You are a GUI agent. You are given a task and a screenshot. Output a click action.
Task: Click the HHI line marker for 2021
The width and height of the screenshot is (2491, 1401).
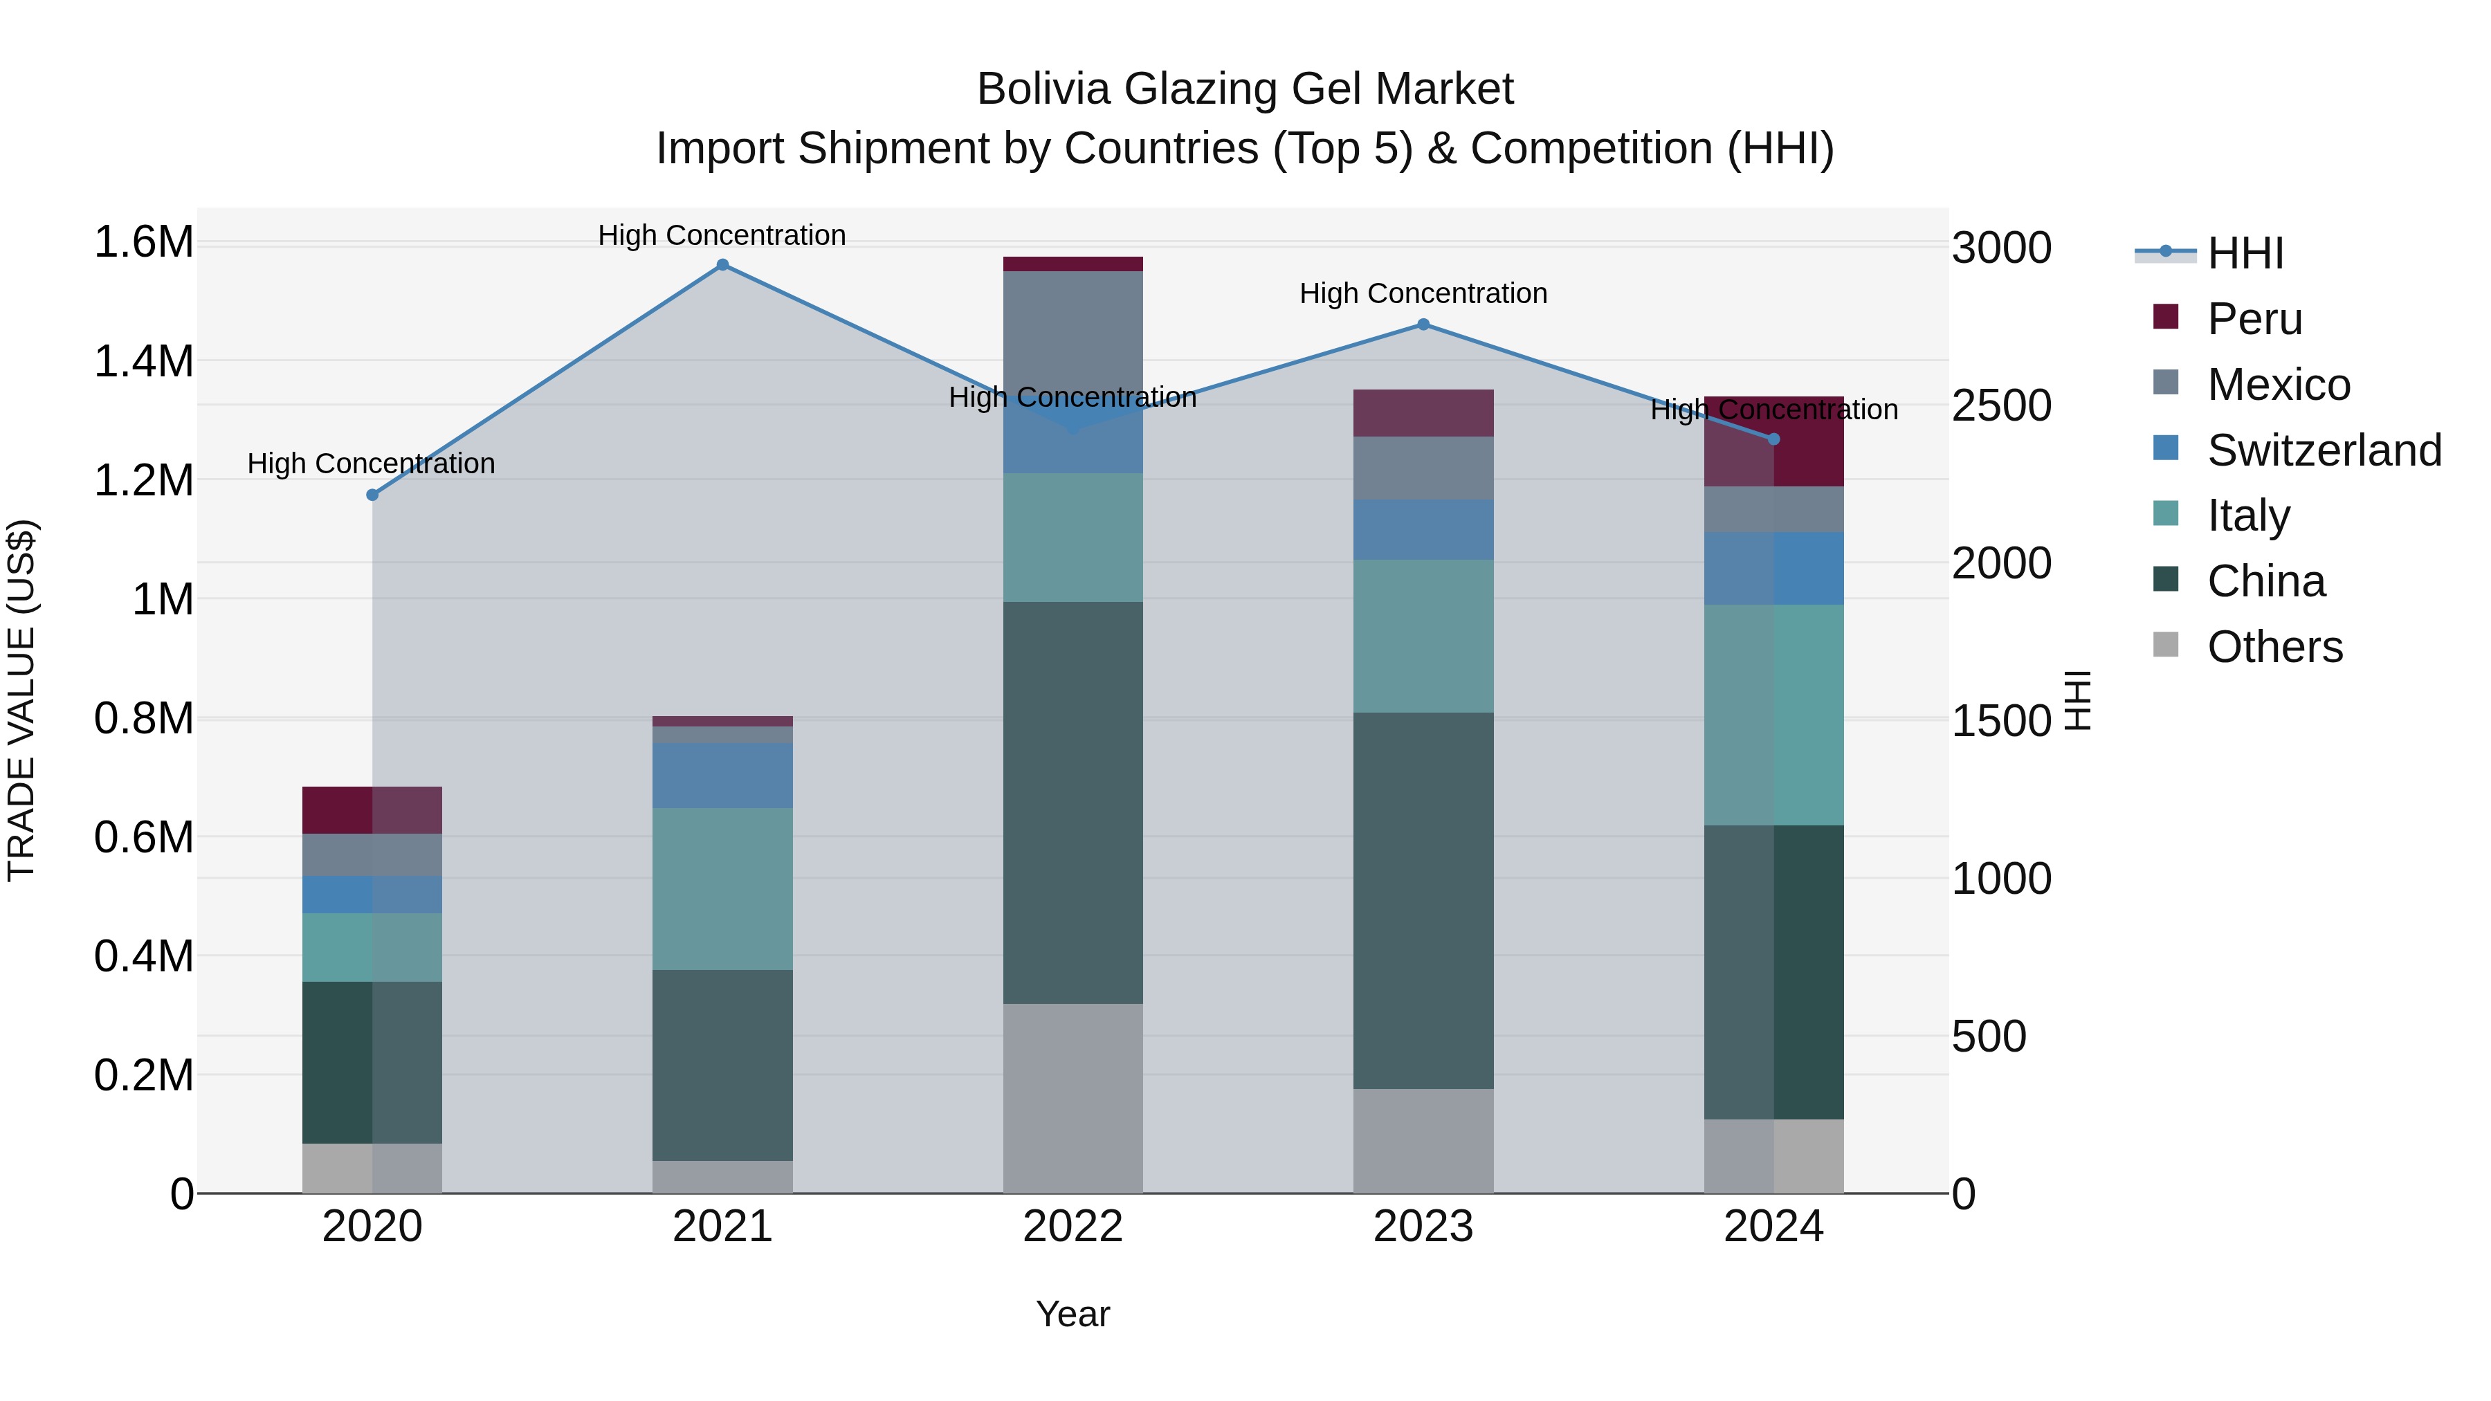[x=722, y=265]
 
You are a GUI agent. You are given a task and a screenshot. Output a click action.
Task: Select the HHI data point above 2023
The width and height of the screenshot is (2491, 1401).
[x=1423, y=325]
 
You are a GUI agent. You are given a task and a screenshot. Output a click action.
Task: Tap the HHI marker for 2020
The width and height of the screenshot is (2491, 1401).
[x=372, y=495]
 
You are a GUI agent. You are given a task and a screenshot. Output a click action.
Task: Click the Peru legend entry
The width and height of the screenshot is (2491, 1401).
[x=2254, y=319]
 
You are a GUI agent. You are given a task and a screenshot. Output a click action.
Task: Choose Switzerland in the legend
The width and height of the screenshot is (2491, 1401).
[x=2324, y=450]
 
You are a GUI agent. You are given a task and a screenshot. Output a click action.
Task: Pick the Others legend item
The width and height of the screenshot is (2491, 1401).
[x=2274, y=647]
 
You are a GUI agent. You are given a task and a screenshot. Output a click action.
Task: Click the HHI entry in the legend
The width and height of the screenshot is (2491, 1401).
[x=2245, y=253]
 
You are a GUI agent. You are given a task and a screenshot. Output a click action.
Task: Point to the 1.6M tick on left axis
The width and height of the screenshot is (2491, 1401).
[x=144, y=241]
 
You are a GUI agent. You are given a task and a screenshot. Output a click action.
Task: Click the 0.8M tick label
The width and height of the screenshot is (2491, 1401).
[x=144, y=718]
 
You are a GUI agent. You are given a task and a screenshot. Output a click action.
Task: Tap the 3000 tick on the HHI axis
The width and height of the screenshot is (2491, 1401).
[x=2000, y=248]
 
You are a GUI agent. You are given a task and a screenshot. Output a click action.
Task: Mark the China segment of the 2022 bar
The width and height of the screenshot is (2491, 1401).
[x=1073, y=803]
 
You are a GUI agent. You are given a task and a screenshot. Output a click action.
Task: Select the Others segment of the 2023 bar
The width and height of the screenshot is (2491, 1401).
[x=1423, y=1141]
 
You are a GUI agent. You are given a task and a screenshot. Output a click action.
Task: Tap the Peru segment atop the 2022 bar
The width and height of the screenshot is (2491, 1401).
[x=1073, y=264]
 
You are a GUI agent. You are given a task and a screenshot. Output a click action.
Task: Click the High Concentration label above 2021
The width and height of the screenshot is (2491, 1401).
[x=722, y=235]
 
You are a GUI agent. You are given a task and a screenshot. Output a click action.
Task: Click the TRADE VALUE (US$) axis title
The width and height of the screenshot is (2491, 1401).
[x=22, y=700]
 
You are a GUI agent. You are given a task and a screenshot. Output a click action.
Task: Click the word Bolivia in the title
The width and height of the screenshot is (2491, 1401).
[x=1043, y=89]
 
